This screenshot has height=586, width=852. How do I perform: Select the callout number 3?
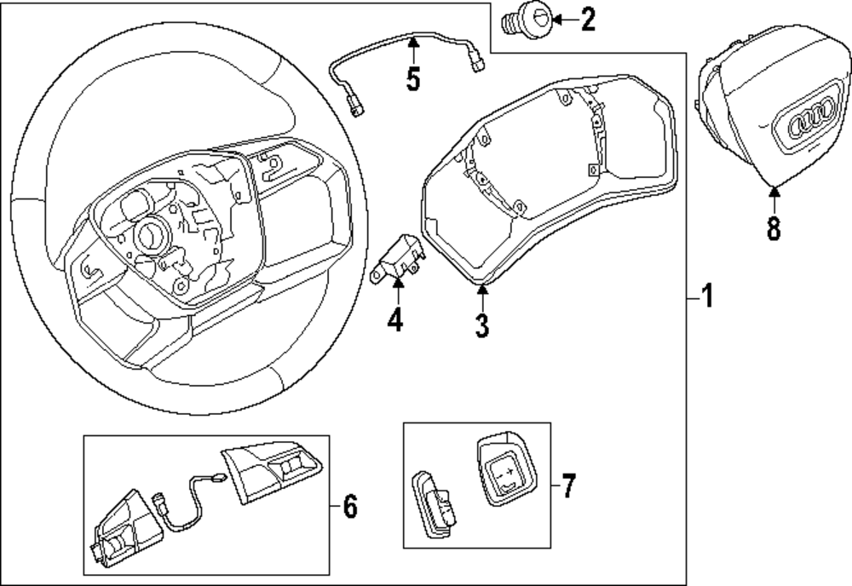click(x=482, y=325)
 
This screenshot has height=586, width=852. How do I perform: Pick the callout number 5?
click(x=413, y=79)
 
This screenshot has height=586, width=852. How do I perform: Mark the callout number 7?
click(x=567, y=486)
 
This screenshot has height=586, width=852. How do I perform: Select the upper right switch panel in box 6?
click(x=272, y=467)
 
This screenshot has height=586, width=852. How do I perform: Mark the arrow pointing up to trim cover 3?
click(x=482, y=297)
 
